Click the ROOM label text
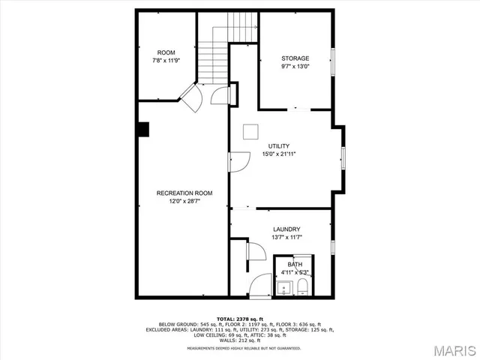point(166,52)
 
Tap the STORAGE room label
point(295,58)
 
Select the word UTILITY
point(278,146)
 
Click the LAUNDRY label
point(286,229)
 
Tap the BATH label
point(295,265)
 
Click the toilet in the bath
point(301,287)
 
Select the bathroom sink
point(284,287)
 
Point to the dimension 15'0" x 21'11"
point(278,154)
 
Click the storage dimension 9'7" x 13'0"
point(295,66)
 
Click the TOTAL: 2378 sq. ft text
point(239,319)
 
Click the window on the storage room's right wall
point(334,60)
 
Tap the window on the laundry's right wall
point(333,246)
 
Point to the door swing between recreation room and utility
point(239,161)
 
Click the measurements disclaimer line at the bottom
point(239,349)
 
